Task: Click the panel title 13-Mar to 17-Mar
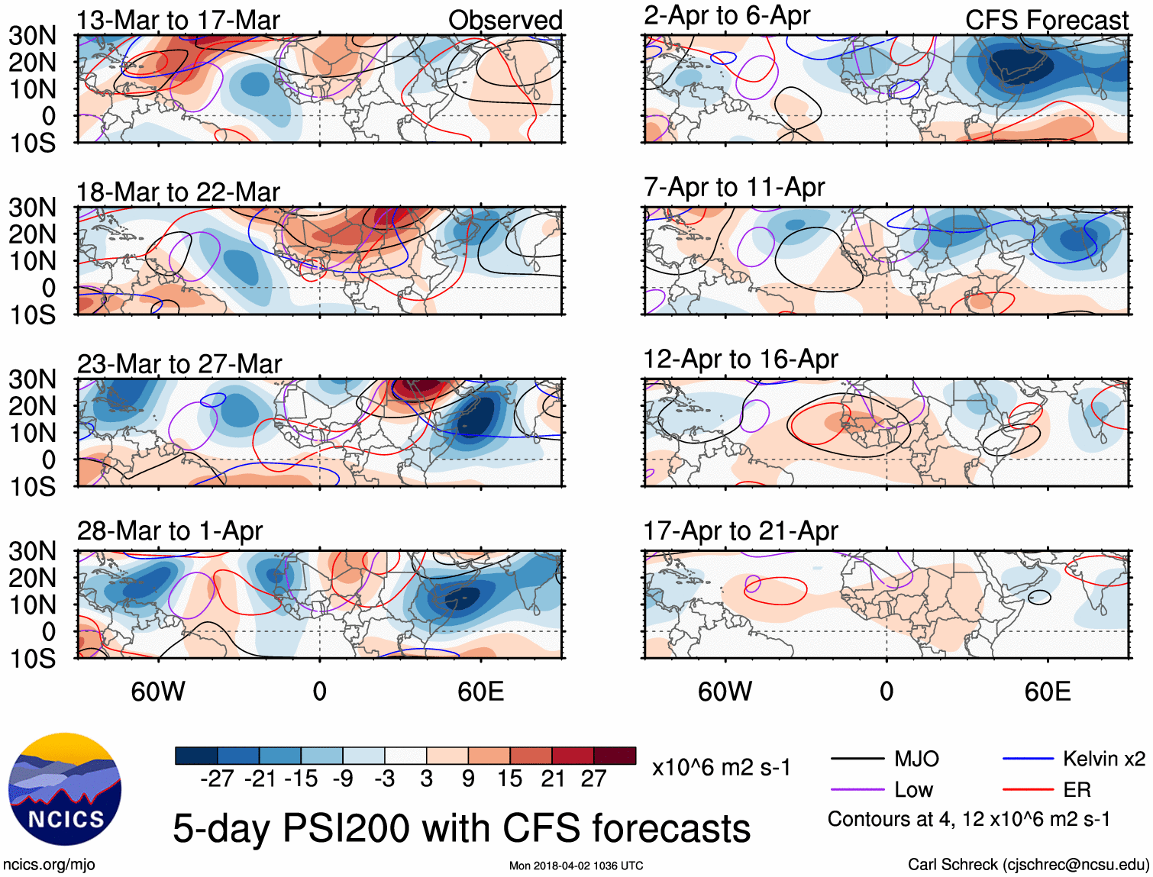[x=178, y=21]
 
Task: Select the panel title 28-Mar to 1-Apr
[x=170, y=530]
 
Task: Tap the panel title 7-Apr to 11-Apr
[x=734, y=187]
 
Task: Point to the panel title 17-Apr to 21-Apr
[x=740, y=530]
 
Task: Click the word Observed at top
[x=505, y=21]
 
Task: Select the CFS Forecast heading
[x=1046, y=21]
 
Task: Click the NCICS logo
[x=65, y=789]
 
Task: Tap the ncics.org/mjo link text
[x=49, y=864]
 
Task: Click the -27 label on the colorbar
[x=217, y=779]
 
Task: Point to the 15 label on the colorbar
[x=509, y=779]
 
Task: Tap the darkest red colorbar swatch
[x=615, y=756]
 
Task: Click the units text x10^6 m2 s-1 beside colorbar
[x=721, y=768]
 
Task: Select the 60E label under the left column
[x=481, y=692]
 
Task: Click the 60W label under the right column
[x=725, y=692]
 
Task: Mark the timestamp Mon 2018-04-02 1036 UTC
[x=576, y=866]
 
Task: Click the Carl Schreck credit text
[x=1028, y=864]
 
